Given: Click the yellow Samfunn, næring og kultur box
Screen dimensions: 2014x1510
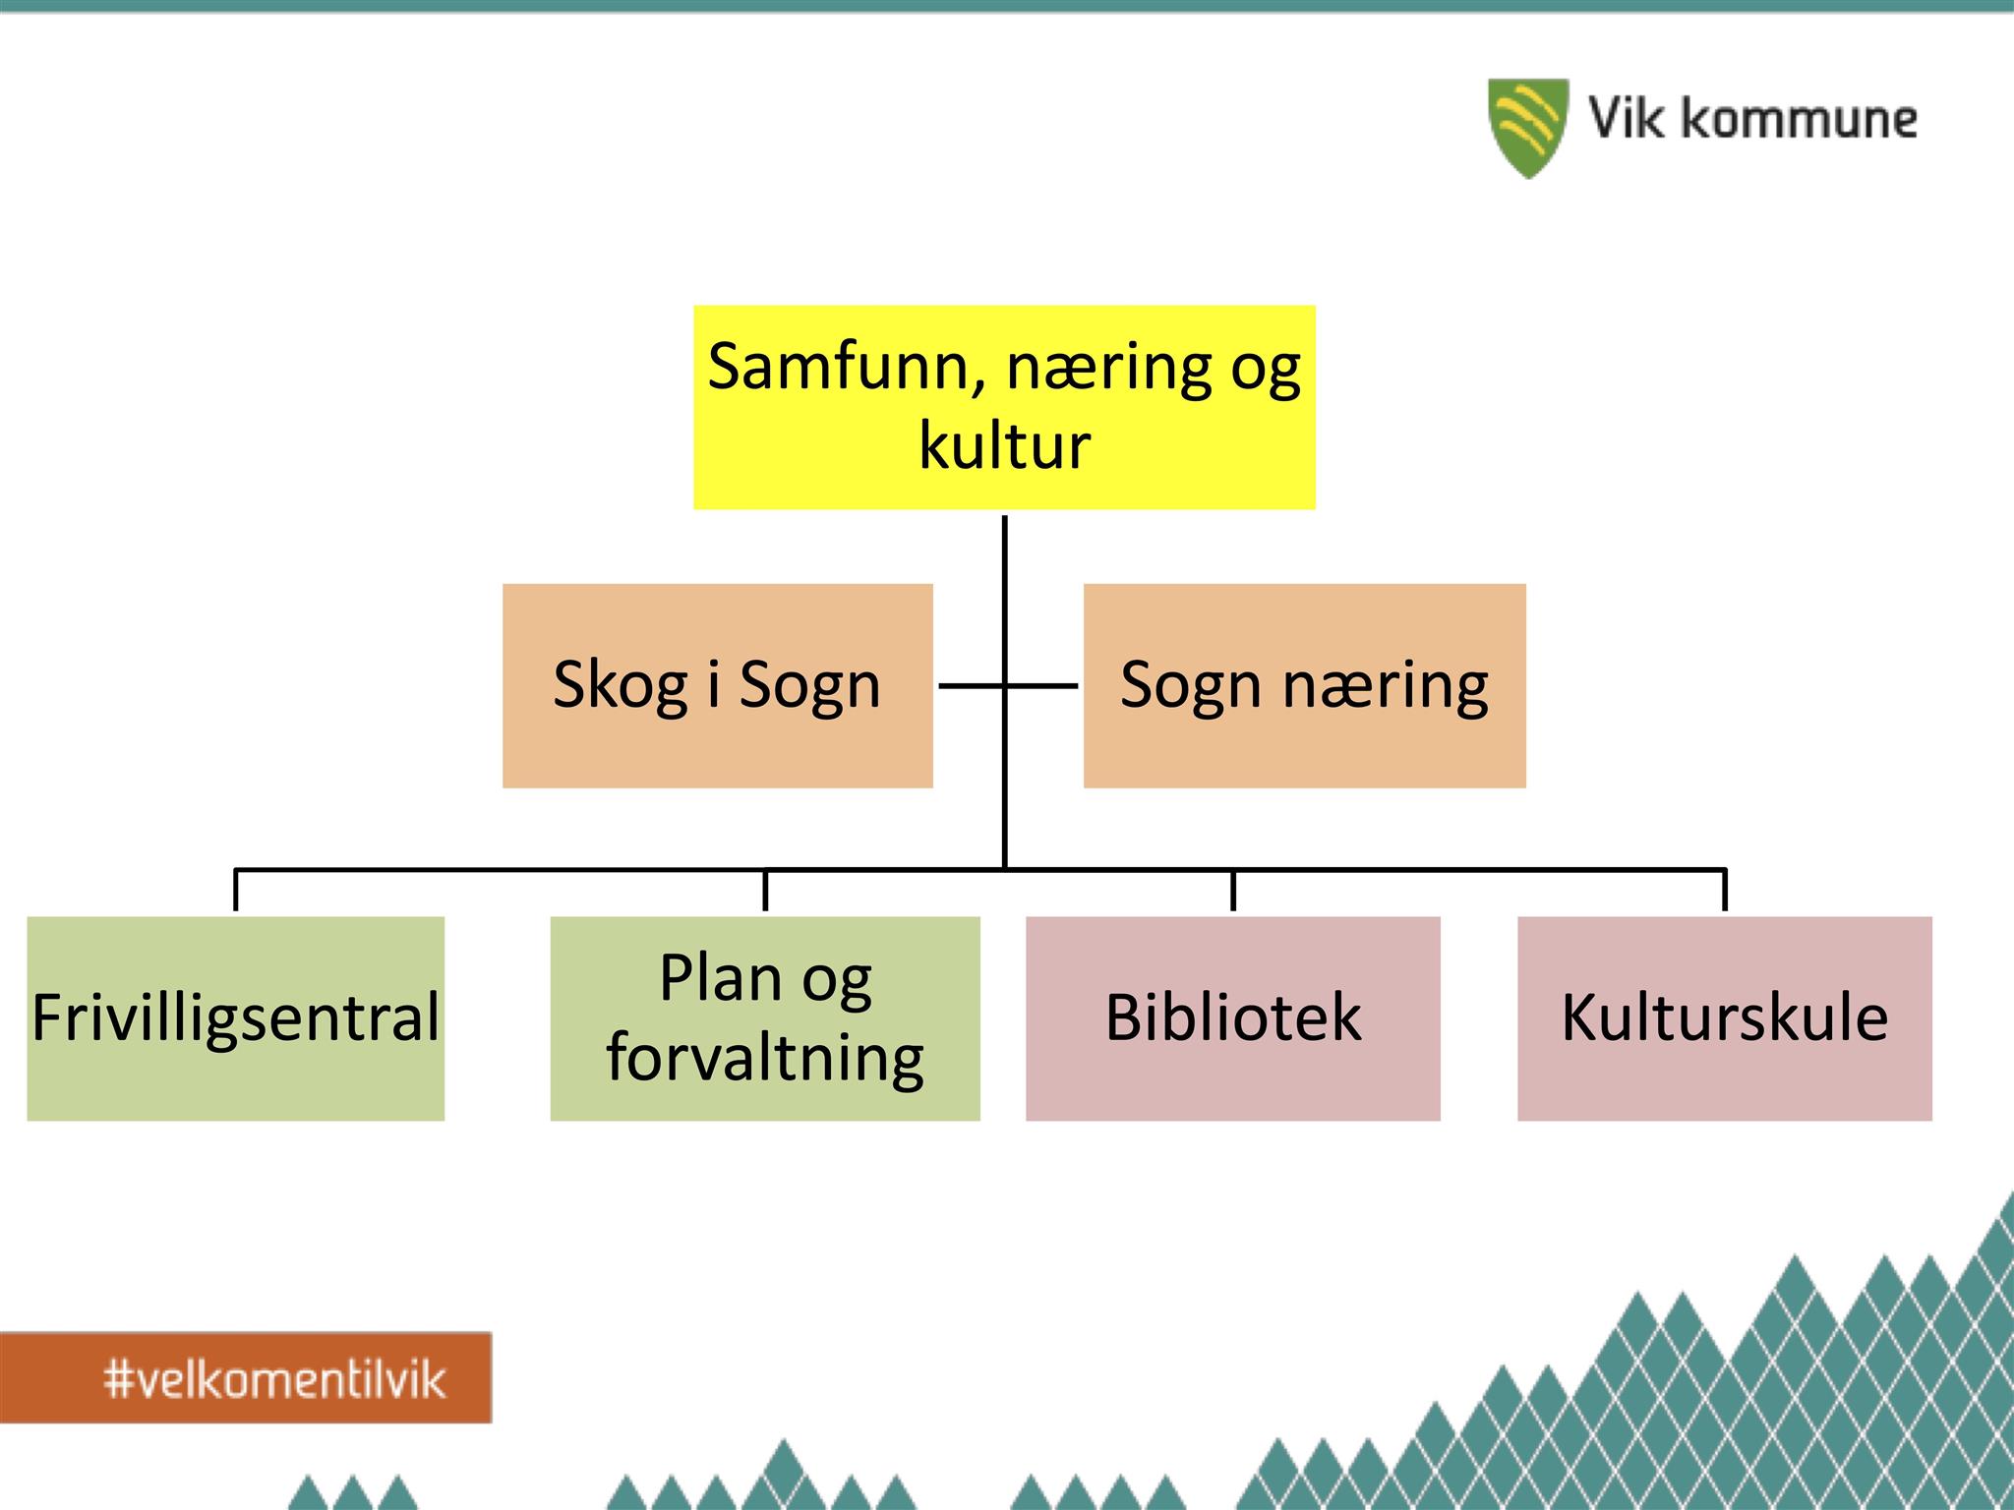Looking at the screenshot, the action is (1004, 407).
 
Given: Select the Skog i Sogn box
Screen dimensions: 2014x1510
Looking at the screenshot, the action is (718, 686).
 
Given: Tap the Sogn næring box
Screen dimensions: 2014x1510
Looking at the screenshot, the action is (1305, 686).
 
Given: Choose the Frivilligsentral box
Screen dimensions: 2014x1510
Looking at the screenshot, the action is (236, 1018).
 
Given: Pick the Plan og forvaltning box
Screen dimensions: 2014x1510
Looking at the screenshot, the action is (765, 1018).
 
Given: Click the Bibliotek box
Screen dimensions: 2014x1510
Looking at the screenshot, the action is (1233, 1018).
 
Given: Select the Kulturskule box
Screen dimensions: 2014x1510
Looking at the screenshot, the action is (1725, 1018).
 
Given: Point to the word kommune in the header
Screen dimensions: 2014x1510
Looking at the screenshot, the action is (1799, 119).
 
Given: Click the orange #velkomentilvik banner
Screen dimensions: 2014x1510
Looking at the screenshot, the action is (246, 1377).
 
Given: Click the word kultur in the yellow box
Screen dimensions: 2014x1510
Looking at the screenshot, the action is (1004, 445).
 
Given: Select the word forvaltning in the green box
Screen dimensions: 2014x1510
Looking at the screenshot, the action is (765, 1059).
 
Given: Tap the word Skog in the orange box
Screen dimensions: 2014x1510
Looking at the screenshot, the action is (620, 685).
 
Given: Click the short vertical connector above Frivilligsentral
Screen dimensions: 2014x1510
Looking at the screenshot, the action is (236, 890).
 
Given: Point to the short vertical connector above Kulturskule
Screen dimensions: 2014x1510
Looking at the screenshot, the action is (1725, 890).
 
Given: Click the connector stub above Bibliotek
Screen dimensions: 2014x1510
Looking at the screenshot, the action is (1233, 890).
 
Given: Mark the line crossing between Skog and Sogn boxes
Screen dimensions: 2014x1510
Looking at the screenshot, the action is (1004, 685).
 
